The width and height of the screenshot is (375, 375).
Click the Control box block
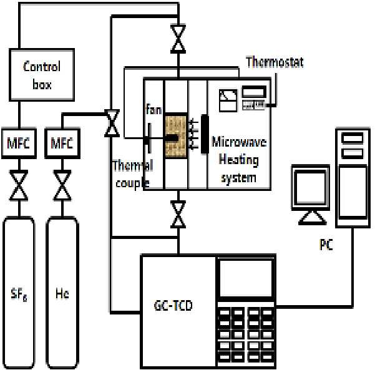click(42, 75)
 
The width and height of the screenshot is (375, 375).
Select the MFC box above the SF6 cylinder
click(19, 144)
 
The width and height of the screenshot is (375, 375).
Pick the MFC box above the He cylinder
click(62, 144)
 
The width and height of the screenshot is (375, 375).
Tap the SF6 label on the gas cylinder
click(19, 294)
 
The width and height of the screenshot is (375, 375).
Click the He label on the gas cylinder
click(62, 293)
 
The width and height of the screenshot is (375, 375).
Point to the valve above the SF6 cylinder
click(19, 185)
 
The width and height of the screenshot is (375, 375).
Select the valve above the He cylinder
click(62, 185)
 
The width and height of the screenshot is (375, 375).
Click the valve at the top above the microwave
click(178, 39)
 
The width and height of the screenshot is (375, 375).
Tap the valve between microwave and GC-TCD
click(178, 214)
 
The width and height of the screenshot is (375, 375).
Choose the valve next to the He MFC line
click(112, 124)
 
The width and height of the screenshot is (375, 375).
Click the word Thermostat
click(275, 62)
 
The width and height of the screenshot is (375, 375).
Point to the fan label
click(153, 110)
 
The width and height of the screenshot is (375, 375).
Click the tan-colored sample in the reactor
click(176, 136)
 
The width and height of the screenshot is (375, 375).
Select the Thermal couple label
click(133, 174)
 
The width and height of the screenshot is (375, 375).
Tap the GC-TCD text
click(173, 306)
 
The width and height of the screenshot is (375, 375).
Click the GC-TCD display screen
click(246, 278)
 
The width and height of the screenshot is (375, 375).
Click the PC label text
click(326, 245)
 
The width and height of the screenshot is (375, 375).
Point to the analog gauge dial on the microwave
click(228, 100)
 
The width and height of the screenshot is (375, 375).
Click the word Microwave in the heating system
click(239, 142)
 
